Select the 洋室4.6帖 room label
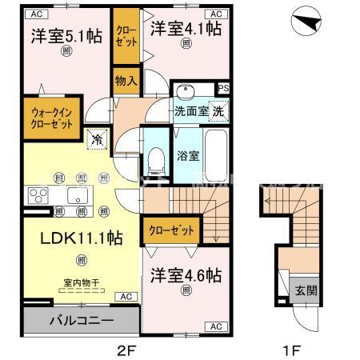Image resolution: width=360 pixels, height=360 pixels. tap(186, 274)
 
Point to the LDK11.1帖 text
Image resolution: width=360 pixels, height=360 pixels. tap(70, 238)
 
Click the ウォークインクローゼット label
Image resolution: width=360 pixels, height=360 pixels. tap(53, 118)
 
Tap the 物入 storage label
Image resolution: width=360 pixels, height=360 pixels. tap(126, 80)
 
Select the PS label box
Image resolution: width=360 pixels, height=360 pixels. tap(224, 89)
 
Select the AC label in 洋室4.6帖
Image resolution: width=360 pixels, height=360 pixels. tap(215, 326)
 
